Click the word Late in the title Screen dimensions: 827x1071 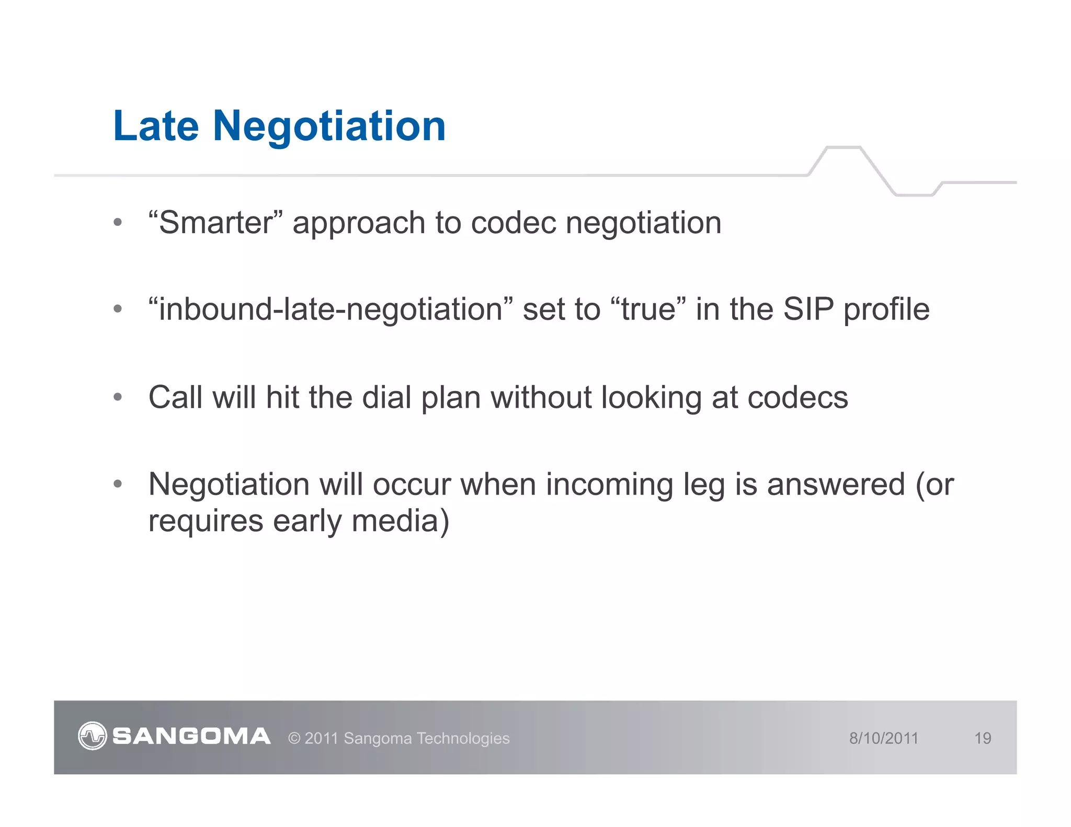(x=156, y=127)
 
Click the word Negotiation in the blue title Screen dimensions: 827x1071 (x=329, y=127)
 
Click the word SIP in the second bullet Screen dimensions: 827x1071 (x=808, y=309)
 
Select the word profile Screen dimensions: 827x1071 (x=886, y=309)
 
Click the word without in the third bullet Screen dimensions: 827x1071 (x=541, y=397)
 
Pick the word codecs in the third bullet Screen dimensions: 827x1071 (x=797, y=398)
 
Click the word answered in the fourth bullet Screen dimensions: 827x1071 (x=836, y=485)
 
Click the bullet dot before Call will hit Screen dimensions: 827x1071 (x=118, y=397)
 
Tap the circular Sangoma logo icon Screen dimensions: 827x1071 (x=93, y=736)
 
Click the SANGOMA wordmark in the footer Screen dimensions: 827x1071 (x=191, y=737)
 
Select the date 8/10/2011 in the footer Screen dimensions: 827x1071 (x=883, y=738)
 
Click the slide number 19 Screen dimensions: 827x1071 (x=983, y=738)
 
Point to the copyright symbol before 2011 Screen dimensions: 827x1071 (x=294, y=739)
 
